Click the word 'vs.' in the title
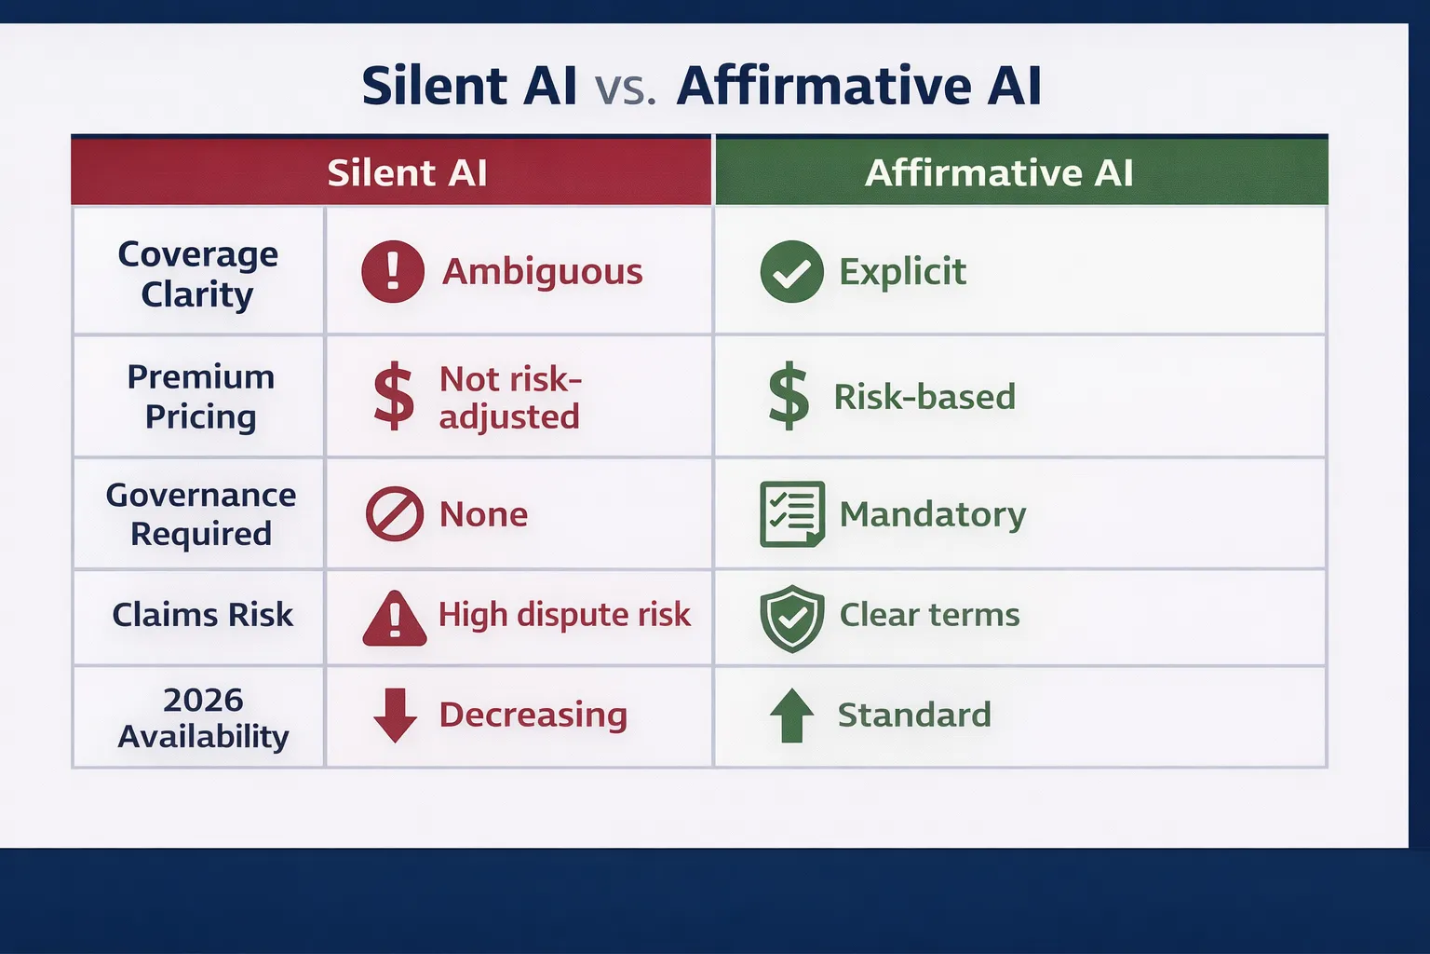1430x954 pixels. (625, 88)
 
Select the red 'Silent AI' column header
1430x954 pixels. (407, 172)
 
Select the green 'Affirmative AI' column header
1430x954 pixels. (999, 172)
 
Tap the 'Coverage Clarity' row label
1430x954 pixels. (197, 274)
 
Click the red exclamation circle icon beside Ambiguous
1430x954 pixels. (393, 271)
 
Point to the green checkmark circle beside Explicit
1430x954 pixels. (791, 271)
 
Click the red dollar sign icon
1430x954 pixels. (394, 396)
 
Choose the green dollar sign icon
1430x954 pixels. (789, 396)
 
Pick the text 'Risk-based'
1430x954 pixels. (924, 397)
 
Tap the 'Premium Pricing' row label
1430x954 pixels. (200, 397)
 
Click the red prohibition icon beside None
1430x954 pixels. (395, 513)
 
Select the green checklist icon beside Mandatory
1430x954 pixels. (791, 513)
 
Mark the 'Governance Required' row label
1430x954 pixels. (200, 514)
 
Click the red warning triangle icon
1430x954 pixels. (395, 619)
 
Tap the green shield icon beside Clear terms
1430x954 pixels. (791, 618)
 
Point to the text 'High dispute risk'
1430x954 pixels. (564, 615)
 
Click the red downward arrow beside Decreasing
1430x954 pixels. (395, 715)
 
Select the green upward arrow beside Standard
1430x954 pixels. (791, 715)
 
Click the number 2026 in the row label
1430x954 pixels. (203, 700)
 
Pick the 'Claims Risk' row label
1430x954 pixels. (202, 615)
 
